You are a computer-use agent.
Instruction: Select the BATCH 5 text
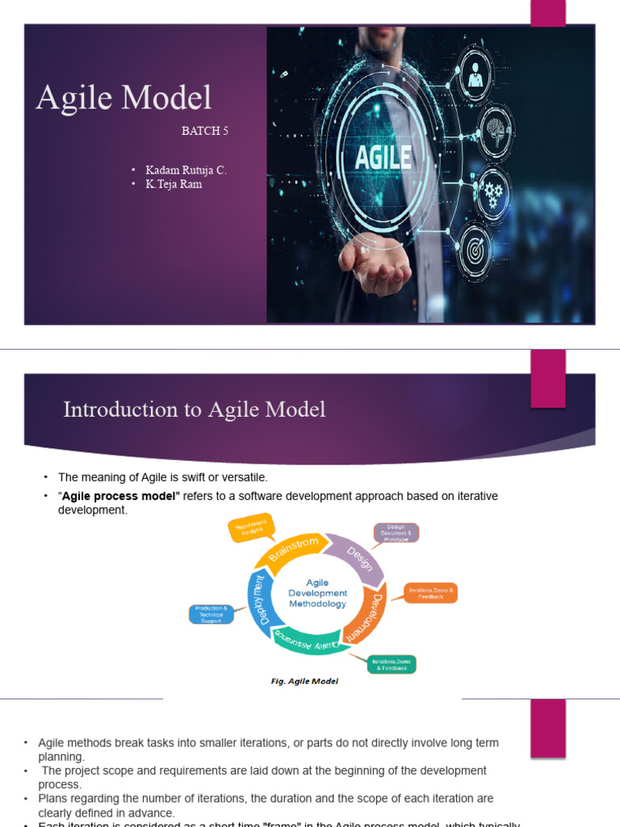pos(205,131)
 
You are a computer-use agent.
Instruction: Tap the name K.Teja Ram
pos(174,184)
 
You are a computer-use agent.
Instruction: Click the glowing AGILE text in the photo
pos(383,156)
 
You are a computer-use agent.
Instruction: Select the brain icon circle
pos(495,128)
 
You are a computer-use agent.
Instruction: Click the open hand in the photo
pos(371,262)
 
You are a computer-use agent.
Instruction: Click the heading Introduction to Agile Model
pos(195,410)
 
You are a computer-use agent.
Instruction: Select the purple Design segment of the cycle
pos(358,556)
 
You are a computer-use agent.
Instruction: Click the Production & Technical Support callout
pos(212,614)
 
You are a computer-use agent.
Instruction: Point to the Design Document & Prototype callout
pos(396,533)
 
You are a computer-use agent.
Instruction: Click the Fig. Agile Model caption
pos(304,681)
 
